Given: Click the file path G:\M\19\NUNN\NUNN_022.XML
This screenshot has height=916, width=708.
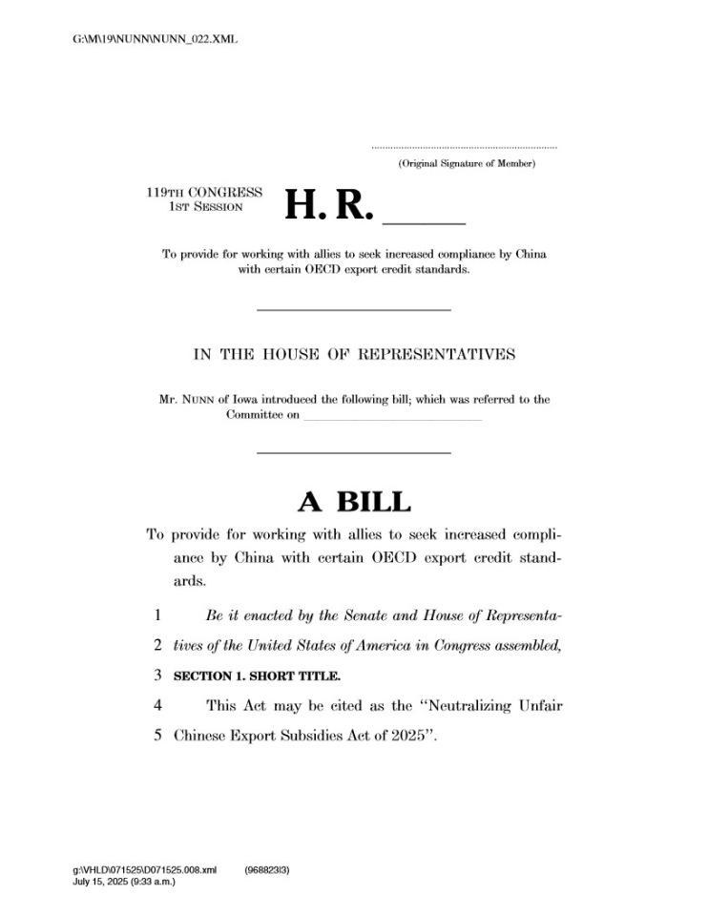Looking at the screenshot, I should (x=155, y=40).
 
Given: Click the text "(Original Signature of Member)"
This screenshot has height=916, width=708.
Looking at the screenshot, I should (x=467, y=165).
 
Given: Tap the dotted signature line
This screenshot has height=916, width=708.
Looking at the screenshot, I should (x=464, y=148).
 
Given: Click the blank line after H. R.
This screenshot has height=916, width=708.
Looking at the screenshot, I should (x=423, y=220).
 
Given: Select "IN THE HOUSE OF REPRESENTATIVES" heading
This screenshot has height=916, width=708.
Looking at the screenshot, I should (x=354, y=355).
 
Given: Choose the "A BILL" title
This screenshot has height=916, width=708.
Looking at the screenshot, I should (x=354, y=502).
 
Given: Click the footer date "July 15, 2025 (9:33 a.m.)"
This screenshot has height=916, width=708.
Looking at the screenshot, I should (x=124, y=881).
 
